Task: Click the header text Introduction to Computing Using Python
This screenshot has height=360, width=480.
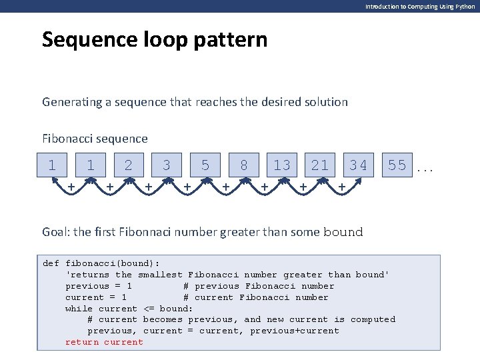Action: (420, 6)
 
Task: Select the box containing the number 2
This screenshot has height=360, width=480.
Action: (129, 165)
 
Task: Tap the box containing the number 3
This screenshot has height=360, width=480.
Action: (167, 165)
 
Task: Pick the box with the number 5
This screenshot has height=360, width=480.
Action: (205, 165)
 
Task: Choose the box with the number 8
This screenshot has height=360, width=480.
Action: (244, 165)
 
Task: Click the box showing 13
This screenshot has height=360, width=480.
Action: (282, 165)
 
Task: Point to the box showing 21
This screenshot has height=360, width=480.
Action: (320, 165)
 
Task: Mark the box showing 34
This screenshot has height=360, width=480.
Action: (358, 165)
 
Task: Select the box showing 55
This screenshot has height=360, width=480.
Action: (397, 165)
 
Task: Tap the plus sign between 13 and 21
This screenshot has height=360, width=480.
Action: (303, 188)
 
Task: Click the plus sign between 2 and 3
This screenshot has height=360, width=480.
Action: (148, 188)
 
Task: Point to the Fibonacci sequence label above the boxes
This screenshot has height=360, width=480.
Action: (95, 139)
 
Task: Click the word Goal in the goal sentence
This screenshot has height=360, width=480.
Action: (55, 232)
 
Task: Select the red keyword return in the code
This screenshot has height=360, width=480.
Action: (82, 342)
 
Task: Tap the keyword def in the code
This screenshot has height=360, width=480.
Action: (51, 263)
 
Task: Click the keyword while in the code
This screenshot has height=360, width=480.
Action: (79, 308)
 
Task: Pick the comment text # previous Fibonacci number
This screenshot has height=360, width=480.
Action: (259, 286)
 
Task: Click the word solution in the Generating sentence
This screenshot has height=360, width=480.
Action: (323, 102)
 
